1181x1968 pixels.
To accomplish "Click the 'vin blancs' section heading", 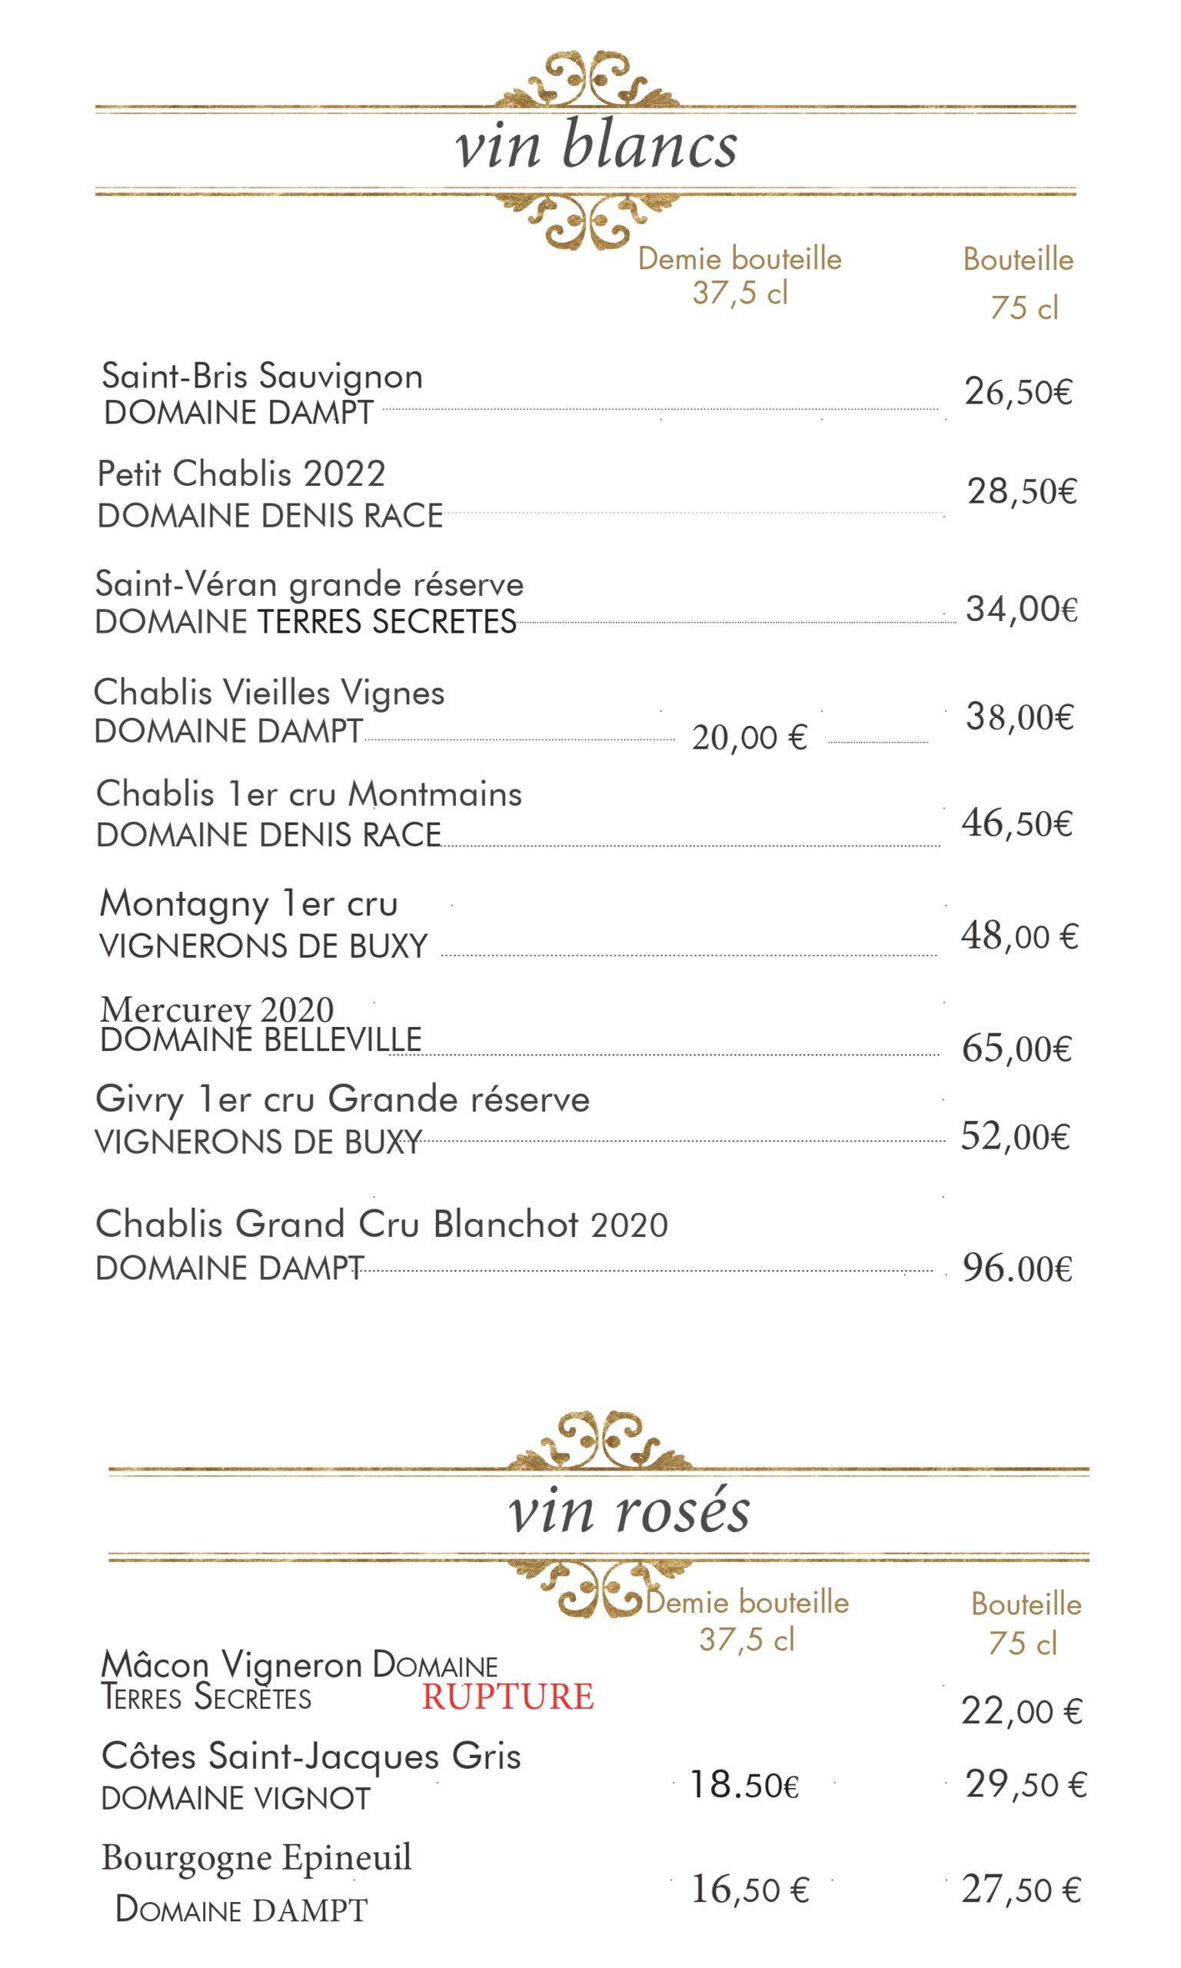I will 595,146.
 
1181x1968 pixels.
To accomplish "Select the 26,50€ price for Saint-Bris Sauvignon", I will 1019,391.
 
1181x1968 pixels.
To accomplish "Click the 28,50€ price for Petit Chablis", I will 1022,490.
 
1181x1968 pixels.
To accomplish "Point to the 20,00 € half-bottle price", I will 749,737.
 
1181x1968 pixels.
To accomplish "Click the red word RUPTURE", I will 507,1696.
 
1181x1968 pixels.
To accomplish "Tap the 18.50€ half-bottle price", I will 744,1784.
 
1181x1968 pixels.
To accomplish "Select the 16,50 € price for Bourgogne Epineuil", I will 750,1890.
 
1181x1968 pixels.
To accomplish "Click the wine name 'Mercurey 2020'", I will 217,1009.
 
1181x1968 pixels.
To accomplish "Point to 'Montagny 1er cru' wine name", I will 248,903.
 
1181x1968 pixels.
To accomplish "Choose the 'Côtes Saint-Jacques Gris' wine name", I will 311,1756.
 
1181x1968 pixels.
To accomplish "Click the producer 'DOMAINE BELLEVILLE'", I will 261,1039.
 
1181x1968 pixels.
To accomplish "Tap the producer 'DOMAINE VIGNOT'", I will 235,1798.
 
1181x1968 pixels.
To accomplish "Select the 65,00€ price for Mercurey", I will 1016,1049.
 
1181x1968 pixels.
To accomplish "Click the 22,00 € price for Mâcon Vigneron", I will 1021,1710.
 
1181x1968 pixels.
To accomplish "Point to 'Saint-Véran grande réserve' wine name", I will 310,585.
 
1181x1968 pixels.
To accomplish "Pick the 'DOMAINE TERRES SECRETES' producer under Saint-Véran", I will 305,622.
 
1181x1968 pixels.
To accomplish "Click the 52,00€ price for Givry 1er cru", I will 1015,1136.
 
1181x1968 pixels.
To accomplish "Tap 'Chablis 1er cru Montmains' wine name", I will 309,794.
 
